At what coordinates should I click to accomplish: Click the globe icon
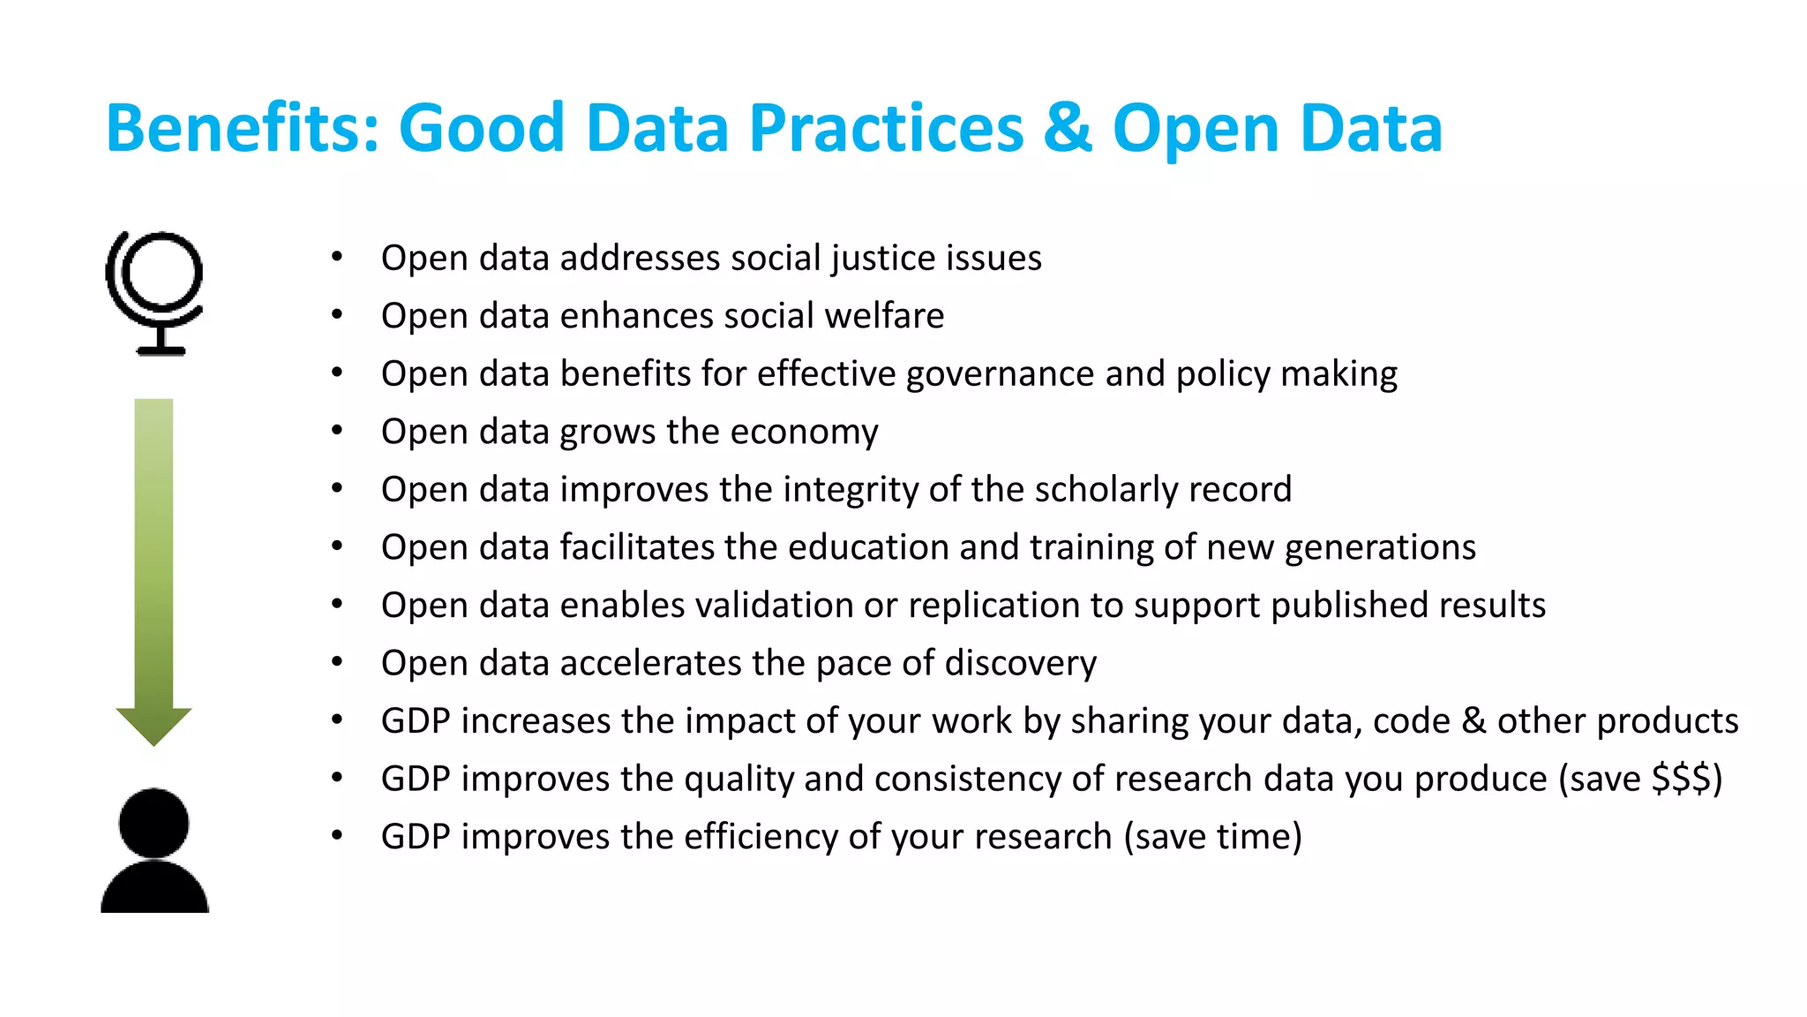[155, 291]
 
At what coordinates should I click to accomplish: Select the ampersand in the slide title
[1067, 129]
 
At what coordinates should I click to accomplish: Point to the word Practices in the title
[886, 129]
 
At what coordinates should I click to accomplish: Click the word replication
[993, 606]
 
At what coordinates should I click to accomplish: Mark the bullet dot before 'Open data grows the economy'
[337, 431]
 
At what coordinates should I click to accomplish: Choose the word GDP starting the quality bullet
[416, 780]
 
